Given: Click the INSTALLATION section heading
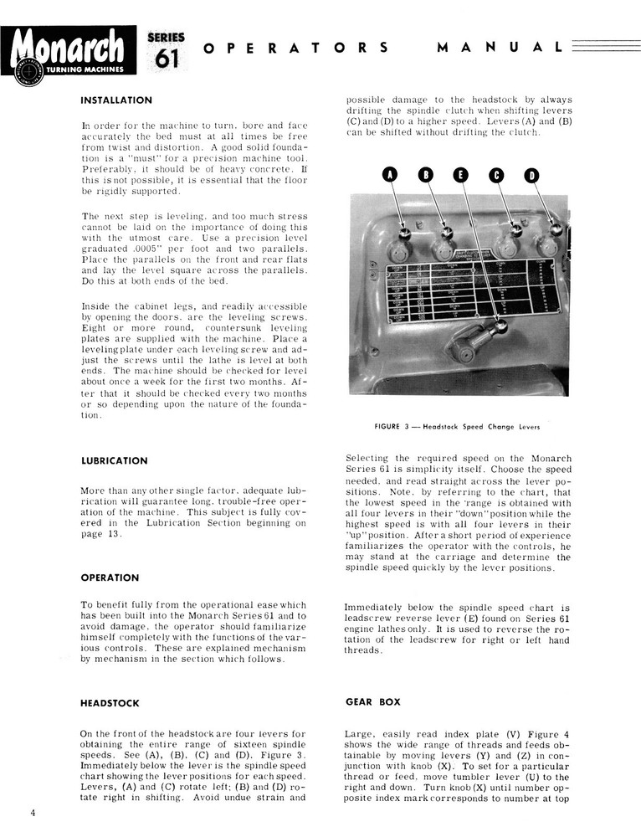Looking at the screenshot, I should pyautogui.click(x=116, y=100).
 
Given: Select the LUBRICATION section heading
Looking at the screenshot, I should pyautogui.click(x=114, y=460).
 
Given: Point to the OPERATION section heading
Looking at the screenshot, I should pyautogui.click(x=110, y=578).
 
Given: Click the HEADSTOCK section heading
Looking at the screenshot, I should pyautogui.click(x=110, y=703).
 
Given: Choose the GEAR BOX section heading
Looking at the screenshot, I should pyautogui.click(x=372, y=702).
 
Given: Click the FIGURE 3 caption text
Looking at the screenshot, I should pyautogui.click(x=457, y=426).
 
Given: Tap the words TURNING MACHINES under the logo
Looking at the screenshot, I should pyautogui.click(x=81, y=69).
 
